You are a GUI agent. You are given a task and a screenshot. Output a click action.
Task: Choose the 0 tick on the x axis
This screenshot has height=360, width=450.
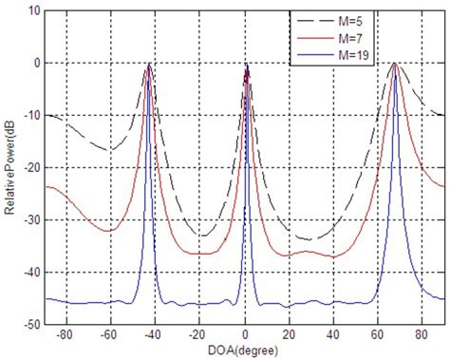click(246, 336)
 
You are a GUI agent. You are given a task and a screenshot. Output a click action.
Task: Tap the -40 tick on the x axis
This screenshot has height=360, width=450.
click(156, 336)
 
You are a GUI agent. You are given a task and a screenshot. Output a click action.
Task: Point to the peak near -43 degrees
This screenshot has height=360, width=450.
click(149, 64)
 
